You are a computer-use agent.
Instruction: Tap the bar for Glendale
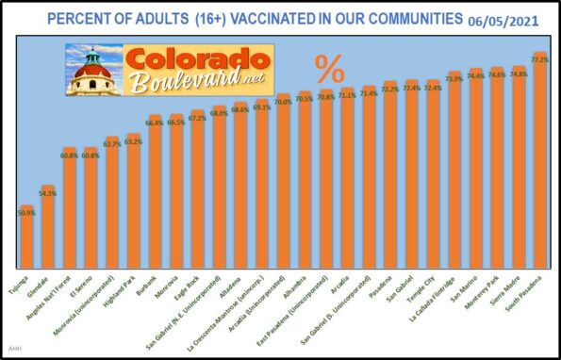click(48, 226)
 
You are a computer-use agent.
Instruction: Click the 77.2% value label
click(540, 59)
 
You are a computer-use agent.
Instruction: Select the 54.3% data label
click(48, 193)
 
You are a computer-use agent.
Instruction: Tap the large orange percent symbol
click(329, 68)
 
